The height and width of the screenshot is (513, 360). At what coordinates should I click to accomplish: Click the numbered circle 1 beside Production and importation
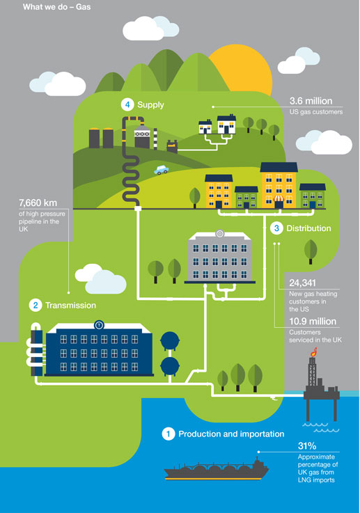tap(169, 434)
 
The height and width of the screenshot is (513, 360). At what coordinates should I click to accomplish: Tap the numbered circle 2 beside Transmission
tap(36, 306)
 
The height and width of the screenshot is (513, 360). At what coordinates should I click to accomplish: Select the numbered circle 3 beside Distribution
tap(276, 228)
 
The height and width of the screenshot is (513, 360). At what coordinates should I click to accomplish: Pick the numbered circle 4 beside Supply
tap(127, 104)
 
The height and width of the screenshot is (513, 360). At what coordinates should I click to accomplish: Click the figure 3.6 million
tap(311, 101)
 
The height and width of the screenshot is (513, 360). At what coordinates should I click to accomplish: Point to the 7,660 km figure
tap(38, 203)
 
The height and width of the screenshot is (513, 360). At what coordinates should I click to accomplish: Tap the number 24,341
tap(302, 283)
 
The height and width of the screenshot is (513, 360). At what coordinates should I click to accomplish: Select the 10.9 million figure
tap(313, 322)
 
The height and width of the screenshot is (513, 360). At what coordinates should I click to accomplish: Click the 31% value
tap(307, 445)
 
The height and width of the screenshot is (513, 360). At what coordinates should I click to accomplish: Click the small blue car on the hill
tap(162, 169)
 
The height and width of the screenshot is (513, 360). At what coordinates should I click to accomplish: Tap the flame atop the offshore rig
tap(314, 352)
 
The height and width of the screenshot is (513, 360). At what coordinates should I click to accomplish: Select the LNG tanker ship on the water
tap(217, 468)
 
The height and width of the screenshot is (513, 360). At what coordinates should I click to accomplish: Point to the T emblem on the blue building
tap(99, 325)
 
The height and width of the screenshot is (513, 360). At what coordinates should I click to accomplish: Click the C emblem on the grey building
tap(219, 234)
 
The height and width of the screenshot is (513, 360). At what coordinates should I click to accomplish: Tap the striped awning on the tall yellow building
tap(279, 198)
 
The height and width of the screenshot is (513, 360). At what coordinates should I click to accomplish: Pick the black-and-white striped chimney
tap(155, 139)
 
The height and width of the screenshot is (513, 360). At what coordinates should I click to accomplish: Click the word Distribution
tap(308, 228)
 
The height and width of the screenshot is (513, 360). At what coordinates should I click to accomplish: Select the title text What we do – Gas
tap(56, 7)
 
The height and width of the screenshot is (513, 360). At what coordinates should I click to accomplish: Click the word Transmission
tap(71, 306)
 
